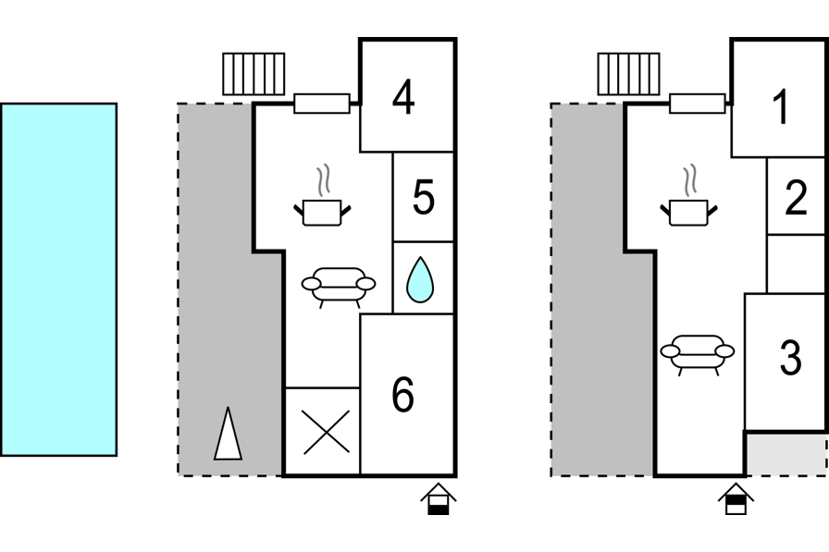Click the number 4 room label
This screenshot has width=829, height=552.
click(402, 98)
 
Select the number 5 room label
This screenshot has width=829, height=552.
click(424, 198)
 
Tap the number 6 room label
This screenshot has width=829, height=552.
click(402, 396)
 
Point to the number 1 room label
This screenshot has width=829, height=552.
click(781, 107)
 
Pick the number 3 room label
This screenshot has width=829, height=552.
click(790, 359)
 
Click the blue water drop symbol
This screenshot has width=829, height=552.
click(420, 279)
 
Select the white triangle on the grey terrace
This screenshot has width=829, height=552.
click(228, 434)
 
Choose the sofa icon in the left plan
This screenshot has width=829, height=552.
click(339, 286)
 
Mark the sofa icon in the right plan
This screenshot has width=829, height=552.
click(698, 353)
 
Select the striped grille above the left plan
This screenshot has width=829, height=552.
click(254, 74)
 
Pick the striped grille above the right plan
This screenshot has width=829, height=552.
click(629, 74)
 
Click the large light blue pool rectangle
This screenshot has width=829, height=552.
click(58, 279)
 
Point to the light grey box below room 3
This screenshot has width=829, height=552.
click(786, 453)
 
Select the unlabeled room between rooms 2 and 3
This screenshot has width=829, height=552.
click(796, 264)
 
